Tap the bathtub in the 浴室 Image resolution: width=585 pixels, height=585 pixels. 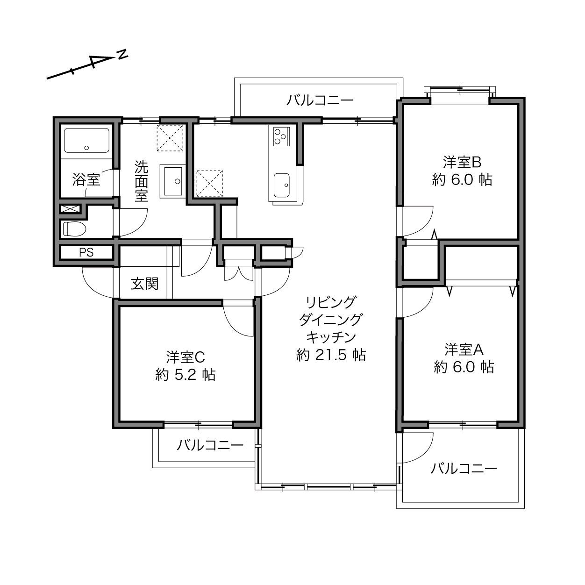86,140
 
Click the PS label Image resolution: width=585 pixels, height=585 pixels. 86,253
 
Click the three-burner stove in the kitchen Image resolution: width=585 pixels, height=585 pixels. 281,136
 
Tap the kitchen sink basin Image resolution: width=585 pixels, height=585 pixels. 281,185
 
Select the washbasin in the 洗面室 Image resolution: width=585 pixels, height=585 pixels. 172,181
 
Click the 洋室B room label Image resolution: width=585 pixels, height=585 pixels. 462,163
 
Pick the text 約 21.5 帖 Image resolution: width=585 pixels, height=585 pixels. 331,355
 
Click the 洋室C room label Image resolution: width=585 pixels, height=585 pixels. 185,357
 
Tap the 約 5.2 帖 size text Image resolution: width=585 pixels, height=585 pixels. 185,375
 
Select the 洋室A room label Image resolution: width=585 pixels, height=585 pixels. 464,349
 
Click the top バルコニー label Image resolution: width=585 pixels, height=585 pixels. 320,100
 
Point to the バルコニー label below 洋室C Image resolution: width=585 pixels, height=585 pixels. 210,445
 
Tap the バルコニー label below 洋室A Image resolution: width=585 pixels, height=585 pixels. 464,469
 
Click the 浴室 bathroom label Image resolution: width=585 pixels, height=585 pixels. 86,180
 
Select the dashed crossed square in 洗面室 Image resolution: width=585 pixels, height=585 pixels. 170,137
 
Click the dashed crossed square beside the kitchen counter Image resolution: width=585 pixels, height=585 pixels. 209,183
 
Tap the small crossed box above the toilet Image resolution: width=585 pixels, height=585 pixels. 71,209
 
